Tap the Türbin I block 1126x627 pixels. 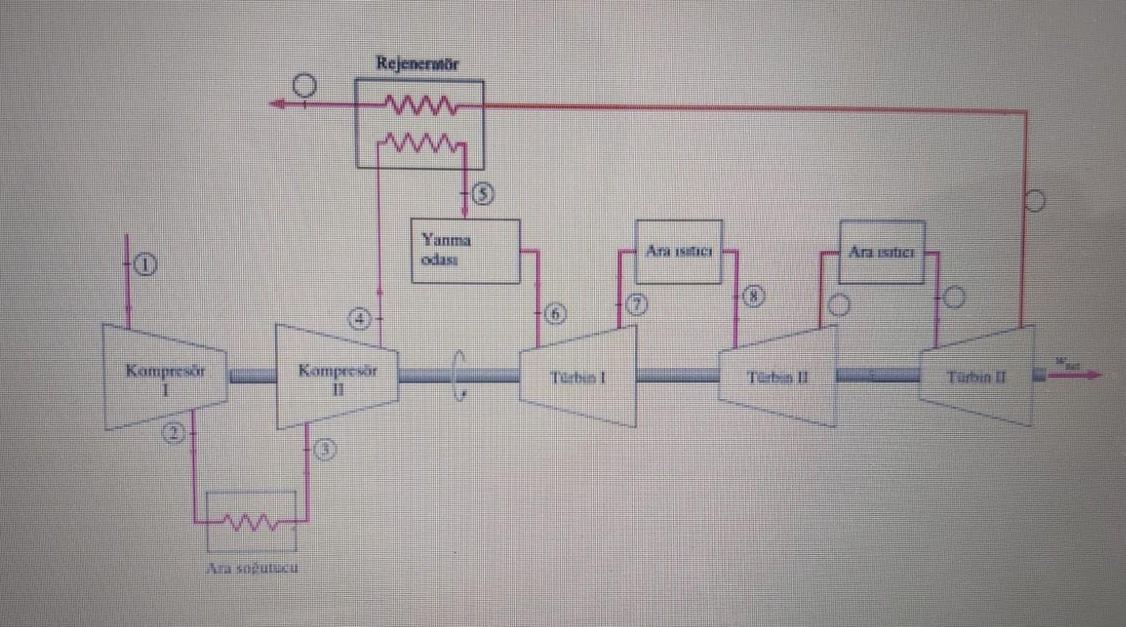point(578,377)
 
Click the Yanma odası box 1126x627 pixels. point(464,251)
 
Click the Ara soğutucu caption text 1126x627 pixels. point(252,568)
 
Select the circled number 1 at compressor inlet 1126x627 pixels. point(145,264)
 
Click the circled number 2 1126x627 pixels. point(173,432)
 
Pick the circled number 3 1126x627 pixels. point(325,449)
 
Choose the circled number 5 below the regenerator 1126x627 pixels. point(483,193)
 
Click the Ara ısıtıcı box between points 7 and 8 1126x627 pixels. point(679,252)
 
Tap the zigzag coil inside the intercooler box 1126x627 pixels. point(250,522)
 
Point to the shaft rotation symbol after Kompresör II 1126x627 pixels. point(459,375)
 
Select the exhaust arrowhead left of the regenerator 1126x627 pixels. point(276,104)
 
